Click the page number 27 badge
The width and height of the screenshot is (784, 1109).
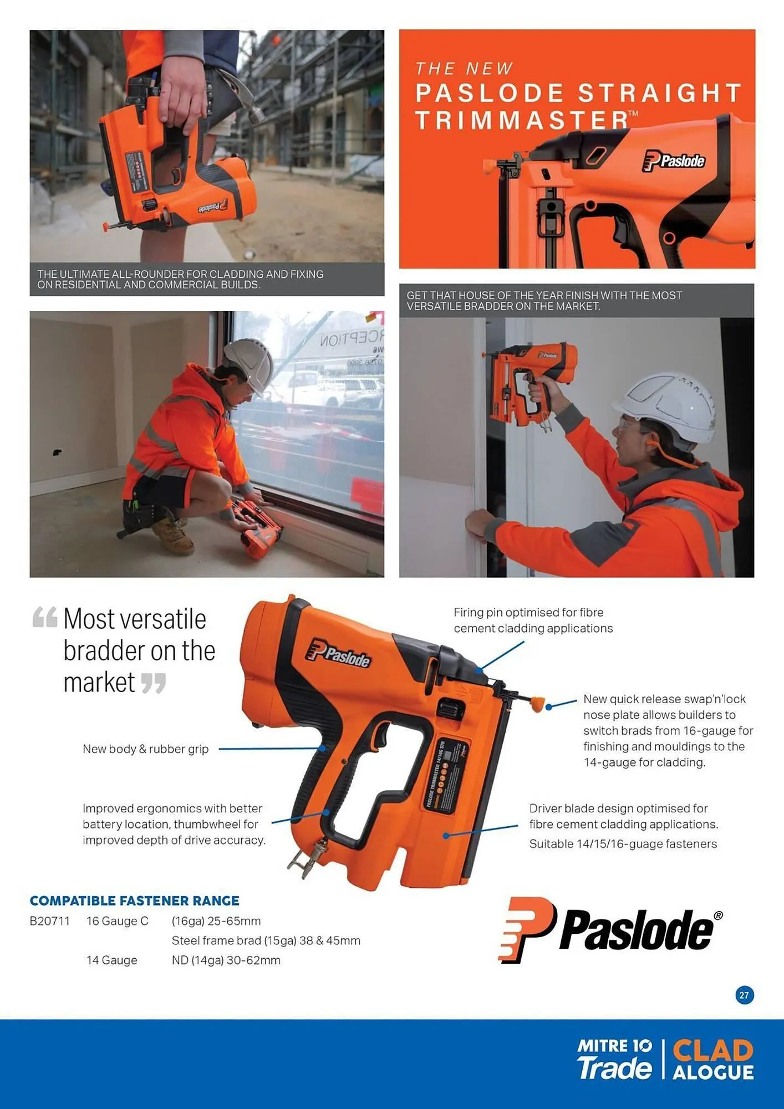point(744,995)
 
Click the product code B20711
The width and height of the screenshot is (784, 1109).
point(50,921)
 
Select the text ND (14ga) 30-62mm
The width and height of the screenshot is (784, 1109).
point(226,960)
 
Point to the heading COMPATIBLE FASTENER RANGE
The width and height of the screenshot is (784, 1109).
point(134,901)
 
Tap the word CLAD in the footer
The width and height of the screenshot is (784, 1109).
point(713,1050)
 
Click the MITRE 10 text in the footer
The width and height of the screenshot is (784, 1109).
point(614,1046)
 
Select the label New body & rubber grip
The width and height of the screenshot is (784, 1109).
point(145,749)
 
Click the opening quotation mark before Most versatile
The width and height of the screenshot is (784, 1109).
point(44,617)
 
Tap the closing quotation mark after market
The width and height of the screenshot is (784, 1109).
point(153,683)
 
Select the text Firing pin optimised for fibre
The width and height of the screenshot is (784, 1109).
point(528,612)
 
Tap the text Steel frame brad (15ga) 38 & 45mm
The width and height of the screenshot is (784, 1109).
point(266,940)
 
